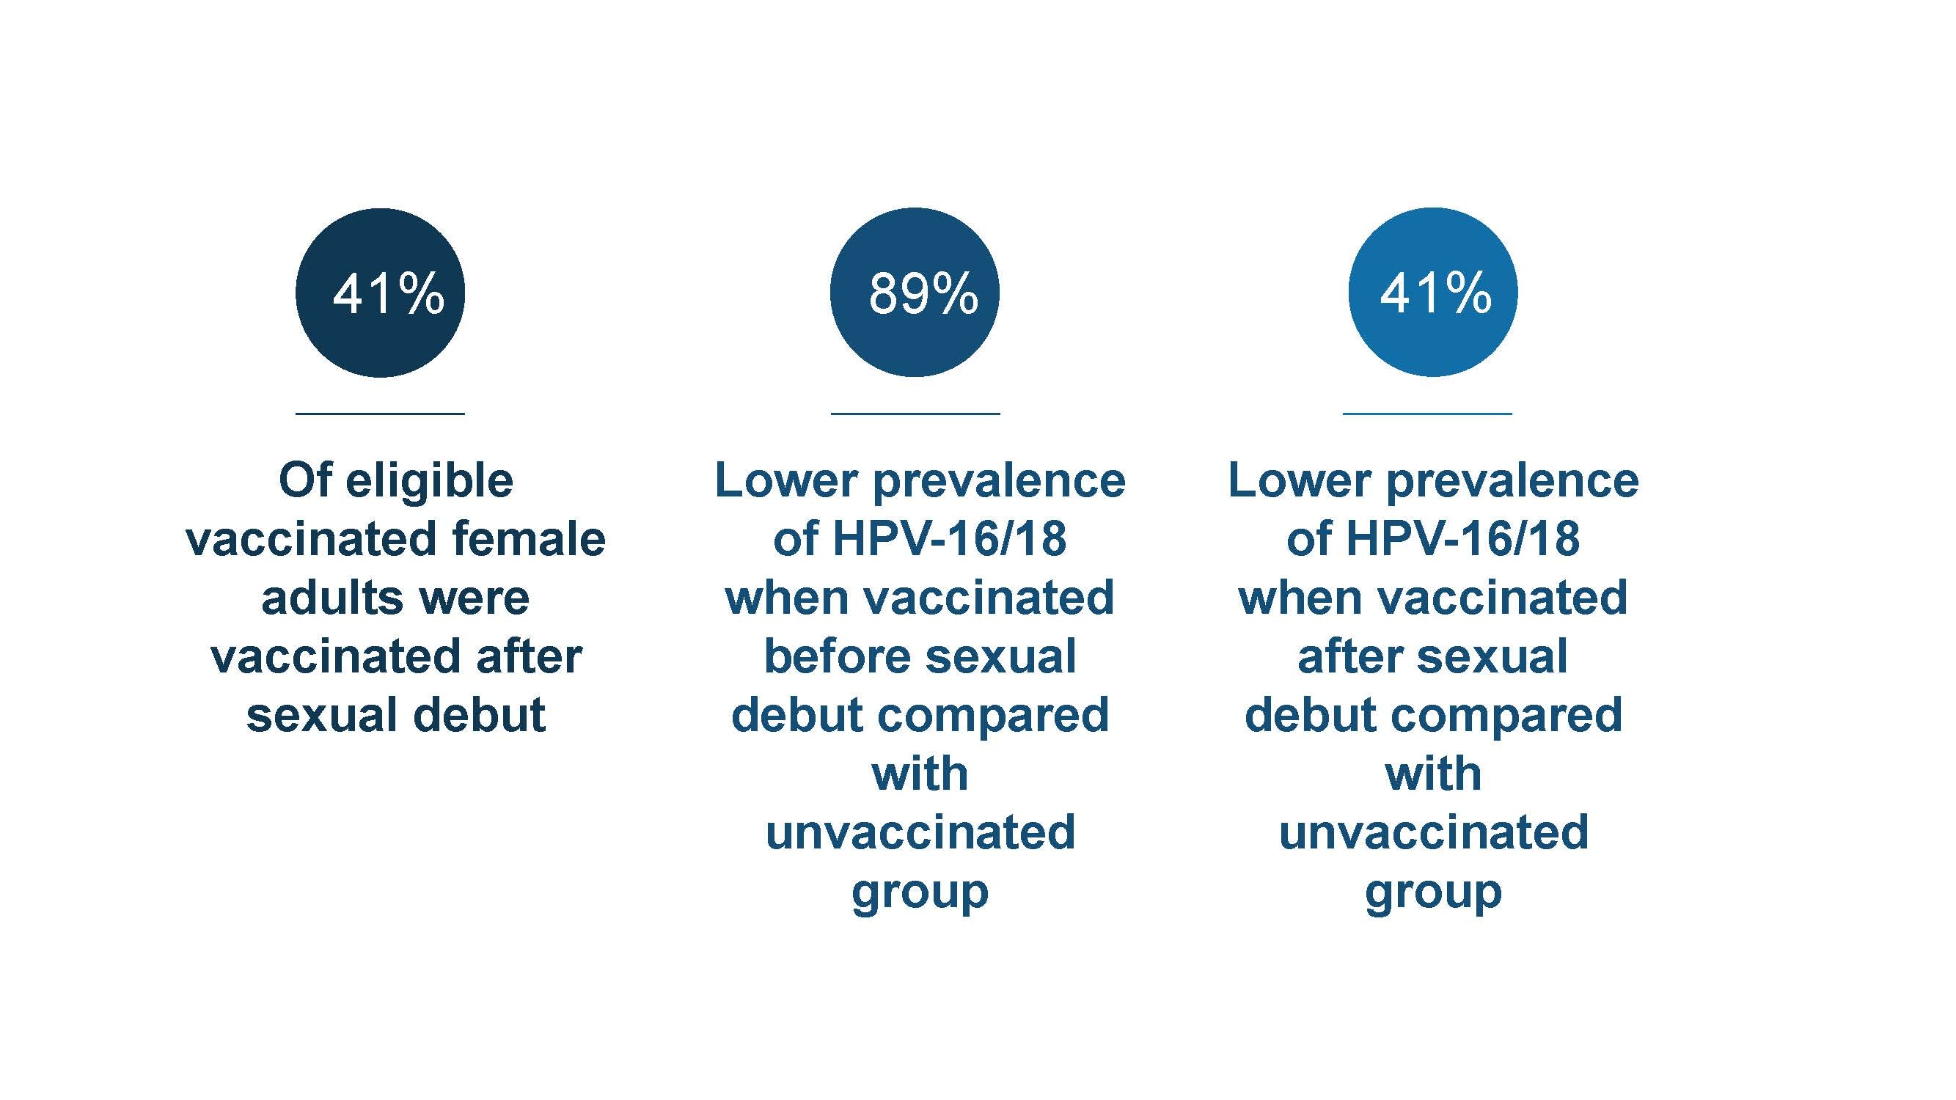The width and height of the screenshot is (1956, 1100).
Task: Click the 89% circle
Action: (915, 293)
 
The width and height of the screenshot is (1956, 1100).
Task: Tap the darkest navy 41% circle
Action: (380, 293)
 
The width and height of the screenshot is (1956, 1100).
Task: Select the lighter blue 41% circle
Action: (1432, 293)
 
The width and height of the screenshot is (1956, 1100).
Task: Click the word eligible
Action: (439, 481)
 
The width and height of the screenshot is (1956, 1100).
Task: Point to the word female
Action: (529, 540)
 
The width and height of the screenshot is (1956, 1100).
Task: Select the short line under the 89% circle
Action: (915, 414)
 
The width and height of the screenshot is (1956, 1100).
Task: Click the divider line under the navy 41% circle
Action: (380, 414)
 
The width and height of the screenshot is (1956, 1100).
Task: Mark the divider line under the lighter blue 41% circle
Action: (1427, 414)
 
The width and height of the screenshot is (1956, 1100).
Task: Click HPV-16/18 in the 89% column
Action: (949, 540)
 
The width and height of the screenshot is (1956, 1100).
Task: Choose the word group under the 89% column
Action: (920, 892)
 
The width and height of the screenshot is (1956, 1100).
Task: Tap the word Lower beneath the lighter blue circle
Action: (1299, 481)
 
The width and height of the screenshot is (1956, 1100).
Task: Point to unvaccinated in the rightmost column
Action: (1434, 833)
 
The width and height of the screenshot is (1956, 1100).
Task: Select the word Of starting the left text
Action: (305, 481)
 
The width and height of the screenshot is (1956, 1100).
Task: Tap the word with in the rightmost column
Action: (1433, 774)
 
